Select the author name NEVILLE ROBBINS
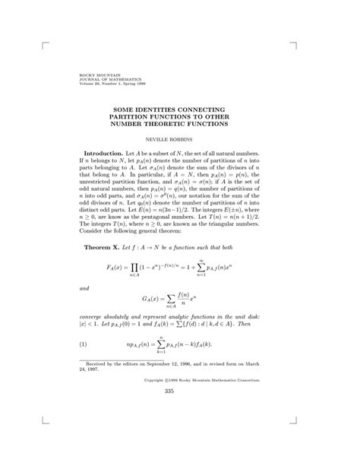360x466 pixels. (180, 139)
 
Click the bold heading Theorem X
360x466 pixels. (101, 226)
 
